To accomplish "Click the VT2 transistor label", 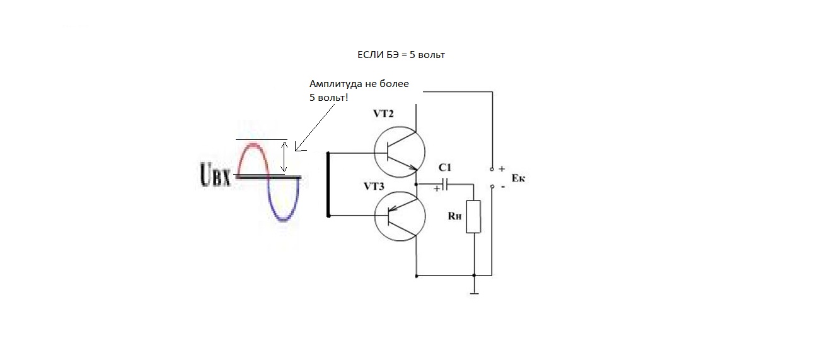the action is pyautogui.click(x=383, y=114).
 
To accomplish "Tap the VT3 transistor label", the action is pyautogui.click(x=374, y=187).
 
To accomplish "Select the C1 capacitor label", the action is pyautogui.click(x=445, y=167).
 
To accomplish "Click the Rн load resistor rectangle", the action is pyautogui.click(x=473, y=216).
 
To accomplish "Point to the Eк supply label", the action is pyautogui.click(x=518, y=178).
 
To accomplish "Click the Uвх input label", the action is pyautogui.click(x=216, y=174).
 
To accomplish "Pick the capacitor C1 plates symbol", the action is pyautogui.click(x=445, y=184).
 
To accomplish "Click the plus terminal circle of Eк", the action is pyautogui.click(x=492, y=169).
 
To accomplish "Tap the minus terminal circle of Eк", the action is pyautogui.click(x=492, y=187).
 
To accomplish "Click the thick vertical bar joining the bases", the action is pyautogui.click(x=328, y=184).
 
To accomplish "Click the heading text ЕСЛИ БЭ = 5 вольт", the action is pyautogui.click(x=401, y=55).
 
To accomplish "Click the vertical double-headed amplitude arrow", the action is pyautogui.click(x=284, y=157).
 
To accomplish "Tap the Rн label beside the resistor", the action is pyautogui.click(x=454, y=216).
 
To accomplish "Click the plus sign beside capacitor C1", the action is pyautogui.click(x=436, y=189).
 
